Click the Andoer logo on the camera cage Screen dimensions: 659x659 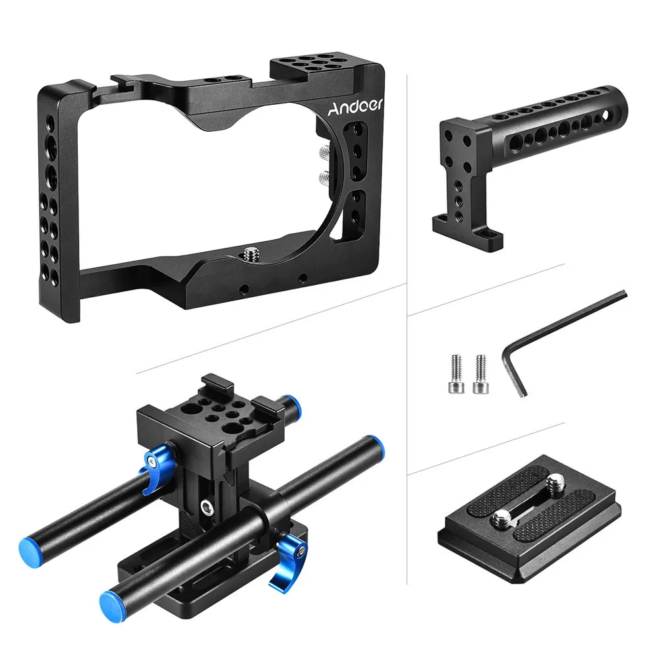(x=355, y=107)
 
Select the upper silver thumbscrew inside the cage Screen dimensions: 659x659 (x=324, y=152)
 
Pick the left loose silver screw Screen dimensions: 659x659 (x=456, y=374)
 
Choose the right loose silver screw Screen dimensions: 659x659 (x=480, y=374)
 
